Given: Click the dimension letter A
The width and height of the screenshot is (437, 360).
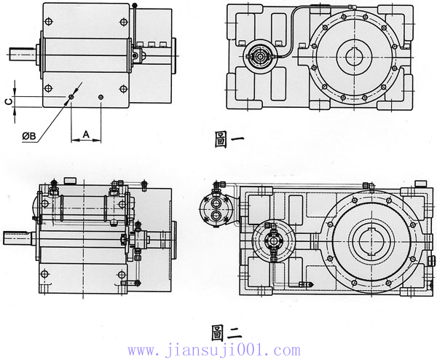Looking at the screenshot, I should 86,134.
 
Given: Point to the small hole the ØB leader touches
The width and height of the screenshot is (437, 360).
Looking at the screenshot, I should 71,96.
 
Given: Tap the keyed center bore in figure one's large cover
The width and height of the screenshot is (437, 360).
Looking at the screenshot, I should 355,56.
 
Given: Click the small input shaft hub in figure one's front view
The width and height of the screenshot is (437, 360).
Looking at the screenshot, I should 258,55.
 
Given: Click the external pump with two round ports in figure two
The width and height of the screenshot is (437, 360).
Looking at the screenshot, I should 216,207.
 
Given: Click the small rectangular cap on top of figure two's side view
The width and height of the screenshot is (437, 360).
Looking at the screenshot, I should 71,180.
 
